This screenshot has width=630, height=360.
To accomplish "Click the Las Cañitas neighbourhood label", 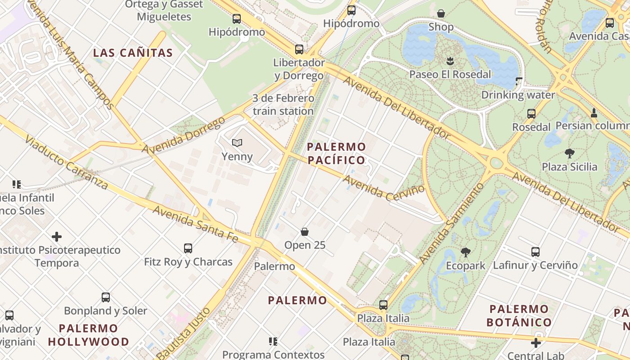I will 133,53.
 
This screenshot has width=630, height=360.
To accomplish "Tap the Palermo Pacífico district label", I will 336,153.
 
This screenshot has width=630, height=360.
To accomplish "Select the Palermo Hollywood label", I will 88,335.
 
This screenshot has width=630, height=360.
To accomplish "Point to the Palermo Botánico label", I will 519,315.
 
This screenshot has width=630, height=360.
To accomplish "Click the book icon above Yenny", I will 237,143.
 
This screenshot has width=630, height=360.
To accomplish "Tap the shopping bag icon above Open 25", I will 305,232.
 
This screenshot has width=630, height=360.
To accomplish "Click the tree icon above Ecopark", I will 465,252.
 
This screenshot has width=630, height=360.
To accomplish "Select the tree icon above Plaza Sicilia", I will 570,153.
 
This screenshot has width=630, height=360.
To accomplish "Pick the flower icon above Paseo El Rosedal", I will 450,61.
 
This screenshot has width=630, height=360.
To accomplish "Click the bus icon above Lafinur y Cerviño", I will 535,252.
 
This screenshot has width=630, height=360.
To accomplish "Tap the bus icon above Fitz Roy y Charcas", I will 188,248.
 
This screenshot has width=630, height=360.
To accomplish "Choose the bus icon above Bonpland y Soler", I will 106,297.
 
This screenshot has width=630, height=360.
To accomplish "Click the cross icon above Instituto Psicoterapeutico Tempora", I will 57,237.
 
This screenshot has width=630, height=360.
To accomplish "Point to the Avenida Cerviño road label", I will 384,188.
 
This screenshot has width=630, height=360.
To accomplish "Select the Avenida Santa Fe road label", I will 195,224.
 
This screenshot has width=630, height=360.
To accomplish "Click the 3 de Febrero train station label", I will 283,104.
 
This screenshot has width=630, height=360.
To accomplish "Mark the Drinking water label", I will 518,95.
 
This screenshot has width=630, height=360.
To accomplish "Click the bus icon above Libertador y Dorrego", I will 299,49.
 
